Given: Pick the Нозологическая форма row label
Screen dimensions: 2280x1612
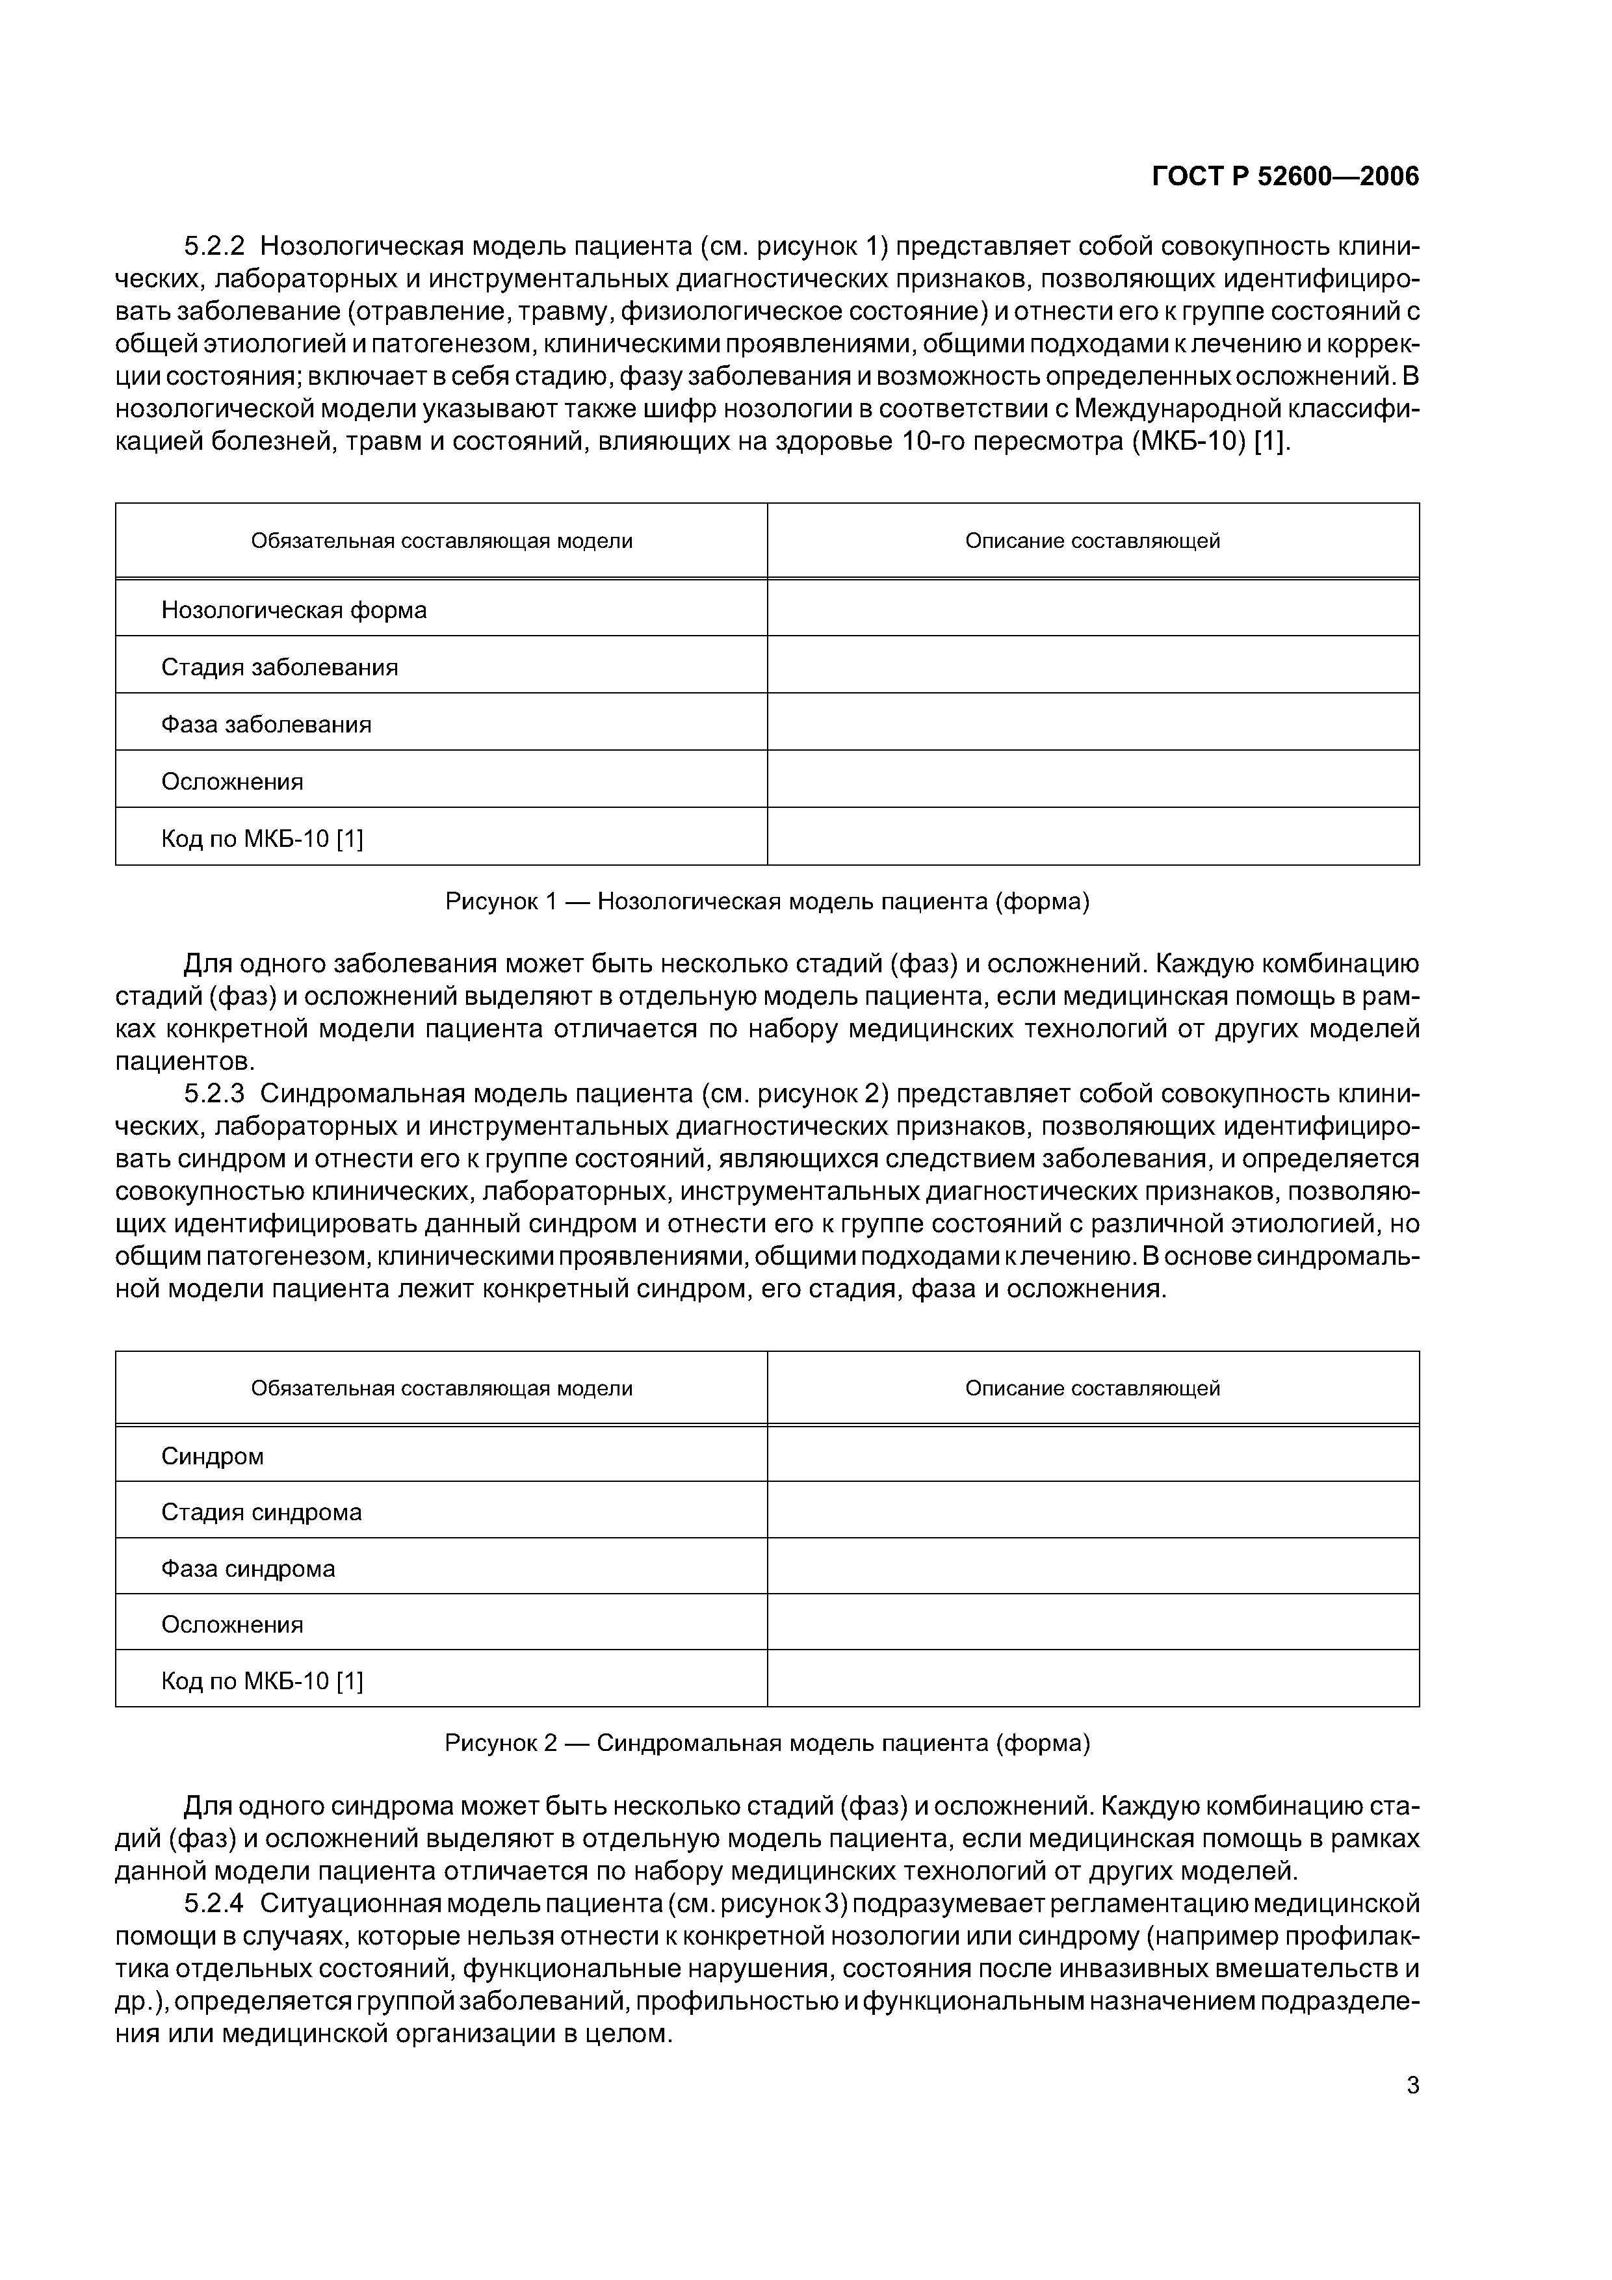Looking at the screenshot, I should click(294, 610).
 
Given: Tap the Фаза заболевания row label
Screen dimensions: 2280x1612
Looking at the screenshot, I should click(266, 725).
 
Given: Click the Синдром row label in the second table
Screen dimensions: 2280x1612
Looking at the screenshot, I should click(213, 1457).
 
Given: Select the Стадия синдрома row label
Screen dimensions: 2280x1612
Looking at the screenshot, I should click(261, 1512).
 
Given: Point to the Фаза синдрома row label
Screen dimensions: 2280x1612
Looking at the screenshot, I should click(248, 1569).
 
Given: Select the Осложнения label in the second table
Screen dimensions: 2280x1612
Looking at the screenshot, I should click(233, 1625).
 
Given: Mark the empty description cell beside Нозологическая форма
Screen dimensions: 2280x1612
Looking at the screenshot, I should click(1093, 609).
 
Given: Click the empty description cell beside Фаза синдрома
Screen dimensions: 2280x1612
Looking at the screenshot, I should click(1093, 1569).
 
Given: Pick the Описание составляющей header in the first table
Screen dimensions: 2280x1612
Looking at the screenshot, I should click(1093, 541).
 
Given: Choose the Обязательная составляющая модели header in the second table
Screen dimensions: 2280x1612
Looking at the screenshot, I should click(442, 1388).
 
